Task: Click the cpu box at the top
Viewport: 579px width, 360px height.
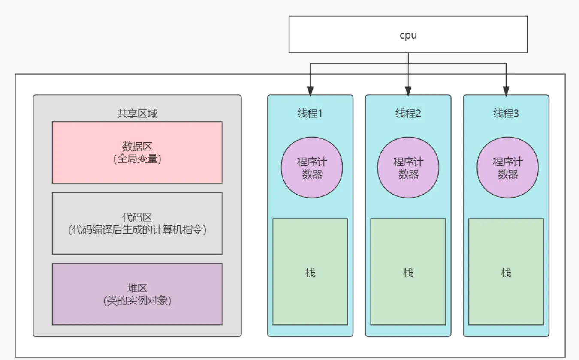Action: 408,35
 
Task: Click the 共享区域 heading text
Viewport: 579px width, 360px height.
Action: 137,114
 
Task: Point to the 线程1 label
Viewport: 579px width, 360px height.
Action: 310,114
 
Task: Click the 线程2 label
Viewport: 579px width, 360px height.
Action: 408,114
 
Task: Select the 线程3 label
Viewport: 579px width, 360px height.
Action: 506,114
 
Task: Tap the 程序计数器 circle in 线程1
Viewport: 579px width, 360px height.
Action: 312,168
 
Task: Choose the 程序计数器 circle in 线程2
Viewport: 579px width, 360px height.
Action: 408,168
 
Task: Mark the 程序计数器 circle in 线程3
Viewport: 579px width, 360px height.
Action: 508,168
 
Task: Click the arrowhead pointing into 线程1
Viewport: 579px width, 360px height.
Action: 310,91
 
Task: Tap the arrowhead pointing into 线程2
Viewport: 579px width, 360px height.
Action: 408,91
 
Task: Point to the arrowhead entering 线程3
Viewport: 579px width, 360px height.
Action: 506,91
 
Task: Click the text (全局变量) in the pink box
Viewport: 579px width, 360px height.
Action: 137,159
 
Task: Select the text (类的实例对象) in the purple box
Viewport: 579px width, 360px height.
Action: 137,301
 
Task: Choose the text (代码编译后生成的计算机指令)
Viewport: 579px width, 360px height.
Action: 137,230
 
